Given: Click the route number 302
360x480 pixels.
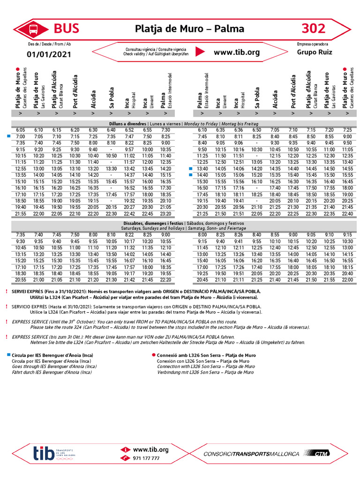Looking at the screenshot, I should point(314,29).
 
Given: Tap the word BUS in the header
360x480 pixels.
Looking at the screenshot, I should point(67,29).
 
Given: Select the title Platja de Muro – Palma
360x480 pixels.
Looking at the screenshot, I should point(189,29).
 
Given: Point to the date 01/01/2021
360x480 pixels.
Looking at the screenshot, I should point(49,54).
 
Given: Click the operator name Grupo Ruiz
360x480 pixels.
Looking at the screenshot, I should point(314,52).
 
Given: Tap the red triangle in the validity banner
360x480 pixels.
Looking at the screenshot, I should point(200,52).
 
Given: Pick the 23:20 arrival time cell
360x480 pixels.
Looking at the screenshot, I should point(165,213).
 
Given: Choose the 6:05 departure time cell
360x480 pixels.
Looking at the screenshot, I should point(21,130).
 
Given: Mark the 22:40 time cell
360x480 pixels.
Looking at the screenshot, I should point(347,213).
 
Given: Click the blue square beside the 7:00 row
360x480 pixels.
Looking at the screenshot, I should point(9,136).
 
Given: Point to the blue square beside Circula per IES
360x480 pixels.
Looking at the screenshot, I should point(9,355).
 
